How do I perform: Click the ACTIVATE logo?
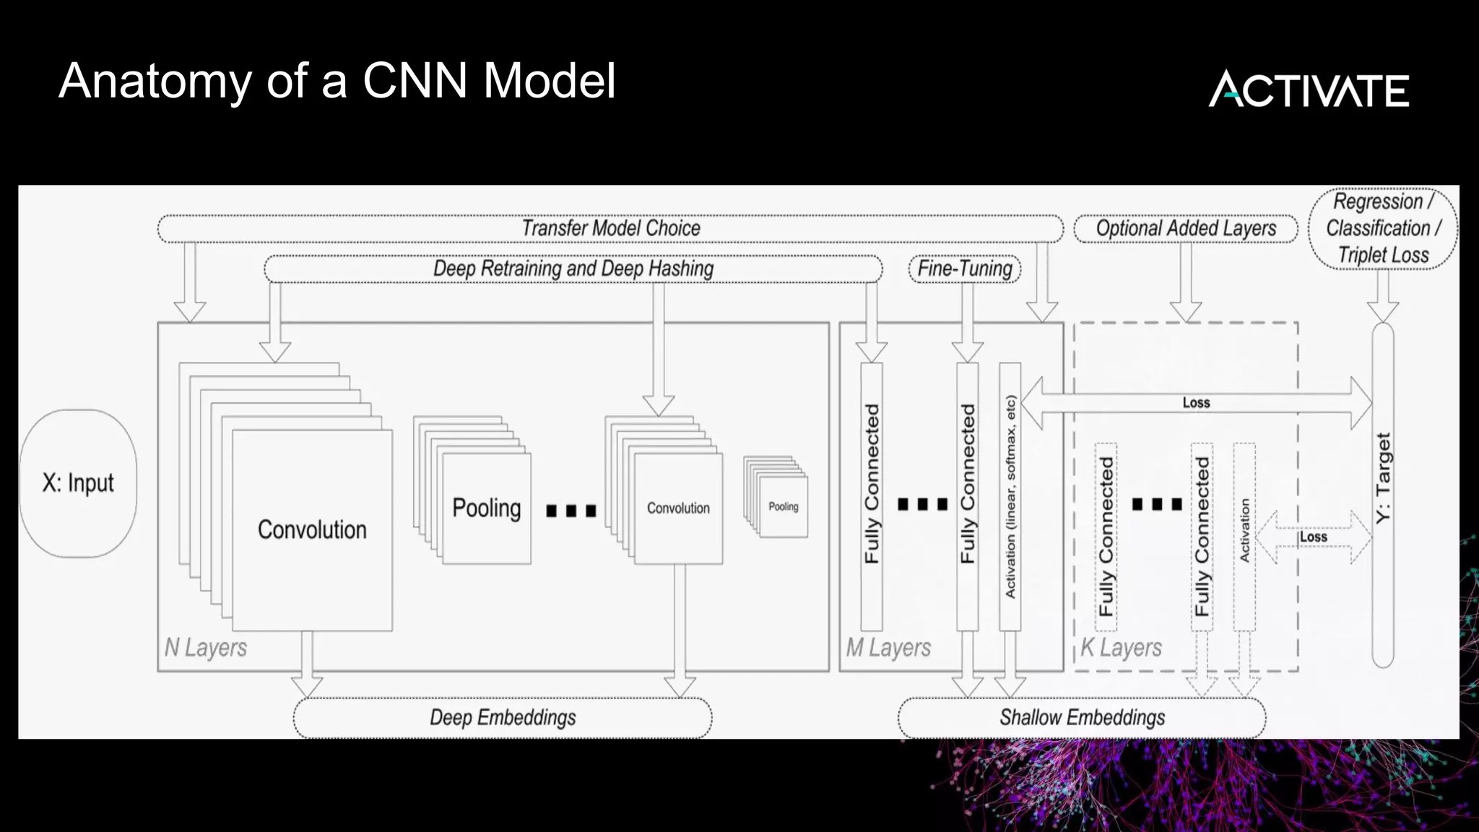1309,90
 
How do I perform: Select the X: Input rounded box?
78,483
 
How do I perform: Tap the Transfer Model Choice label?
610,228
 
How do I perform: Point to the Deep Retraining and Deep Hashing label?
573,269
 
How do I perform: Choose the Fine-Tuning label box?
965,269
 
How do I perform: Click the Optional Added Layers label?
1186,228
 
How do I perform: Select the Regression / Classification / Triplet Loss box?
1382,228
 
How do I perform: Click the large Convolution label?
312,529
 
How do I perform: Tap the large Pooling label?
486,508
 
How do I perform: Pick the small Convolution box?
678,508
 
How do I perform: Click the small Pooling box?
784,507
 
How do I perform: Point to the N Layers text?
206,647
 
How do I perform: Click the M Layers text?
888,647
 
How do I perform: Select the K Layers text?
1121,647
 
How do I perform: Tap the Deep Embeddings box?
503,717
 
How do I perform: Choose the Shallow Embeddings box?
1082,717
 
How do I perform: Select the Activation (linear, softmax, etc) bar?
1010,496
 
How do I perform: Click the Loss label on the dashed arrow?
1313,537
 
